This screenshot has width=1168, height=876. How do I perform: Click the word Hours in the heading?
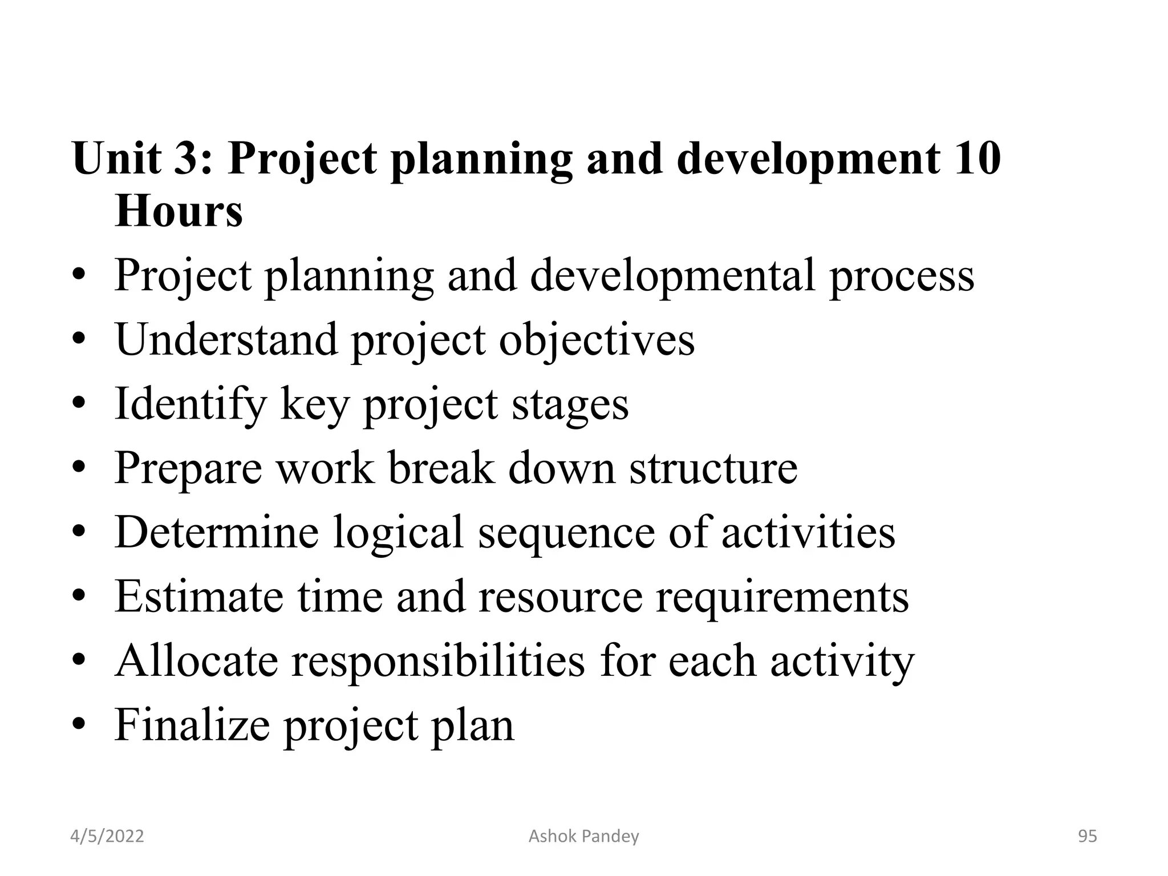[x=179, y=212]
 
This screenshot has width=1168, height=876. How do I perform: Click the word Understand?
[x=226, y=340]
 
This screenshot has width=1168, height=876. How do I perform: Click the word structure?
[x=713, y=468]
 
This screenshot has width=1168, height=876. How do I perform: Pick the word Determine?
[x=216, y=532]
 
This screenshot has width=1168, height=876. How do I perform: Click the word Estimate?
[x=199, y=597]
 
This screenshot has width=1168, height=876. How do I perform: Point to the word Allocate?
[x=197, y=661]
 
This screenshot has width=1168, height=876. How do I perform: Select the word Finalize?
[x=192, y=725]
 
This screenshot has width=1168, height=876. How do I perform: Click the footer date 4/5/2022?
[x=107, y=837]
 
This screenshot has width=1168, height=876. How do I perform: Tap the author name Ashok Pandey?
[x=583, y=837]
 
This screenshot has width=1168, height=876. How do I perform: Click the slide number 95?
[x=1087, y=837]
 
